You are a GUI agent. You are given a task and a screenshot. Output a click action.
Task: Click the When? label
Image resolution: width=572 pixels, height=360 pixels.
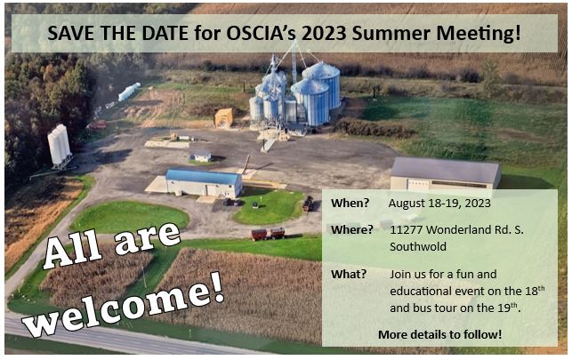[x=350, y=203]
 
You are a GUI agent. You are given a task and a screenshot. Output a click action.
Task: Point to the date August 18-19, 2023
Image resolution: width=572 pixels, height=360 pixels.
[x=439, y=204]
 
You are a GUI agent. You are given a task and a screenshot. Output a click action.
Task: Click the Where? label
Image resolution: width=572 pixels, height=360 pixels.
[x=352, y=229]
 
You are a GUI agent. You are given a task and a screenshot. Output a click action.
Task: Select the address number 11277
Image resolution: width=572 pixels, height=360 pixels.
[x=406, y=229]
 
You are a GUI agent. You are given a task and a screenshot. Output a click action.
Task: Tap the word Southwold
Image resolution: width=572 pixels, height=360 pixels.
[x=418, y=247]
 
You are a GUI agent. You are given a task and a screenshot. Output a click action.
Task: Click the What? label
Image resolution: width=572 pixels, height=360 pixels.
[x=349, y=274]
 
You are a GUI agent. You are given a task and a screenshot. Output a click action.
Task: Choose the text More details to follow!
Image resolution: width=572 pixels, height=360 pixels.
[x=440, y=334]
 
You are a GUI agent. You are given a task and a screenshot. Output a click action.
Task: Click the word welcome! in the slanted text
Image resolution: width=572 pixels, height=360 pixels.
[x=123, y=306]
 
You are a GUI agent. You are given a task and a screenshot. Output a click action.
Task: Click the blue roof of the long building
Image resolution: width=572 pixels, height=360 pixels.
[x=203, y=177]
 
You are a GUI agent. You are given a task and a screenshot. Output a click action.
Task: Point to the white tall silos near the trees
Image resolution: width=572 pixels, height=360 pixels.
[x=59, y=145]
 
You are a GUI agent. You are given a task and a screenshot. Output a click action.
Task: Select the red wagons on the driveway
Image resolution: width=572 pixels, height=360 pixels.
[x=268, y=234]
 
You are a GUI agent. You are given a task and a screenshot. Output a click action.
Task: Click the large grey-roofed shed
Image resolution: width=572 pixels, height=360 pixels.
[x=446, y=173]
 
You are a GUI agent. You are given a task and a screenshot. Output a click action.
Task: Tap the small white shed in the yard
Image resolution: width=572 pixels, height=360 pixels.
[x=201, y=156]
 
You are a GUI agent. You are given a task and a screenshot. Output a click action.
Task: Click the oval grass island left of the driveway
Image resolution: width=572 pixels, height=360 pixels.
[x=130, y=217]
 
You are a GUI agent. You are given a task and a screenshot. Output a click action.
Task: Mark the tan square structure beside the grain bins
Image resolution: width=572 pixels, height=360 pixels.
[x=223, y=117]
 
